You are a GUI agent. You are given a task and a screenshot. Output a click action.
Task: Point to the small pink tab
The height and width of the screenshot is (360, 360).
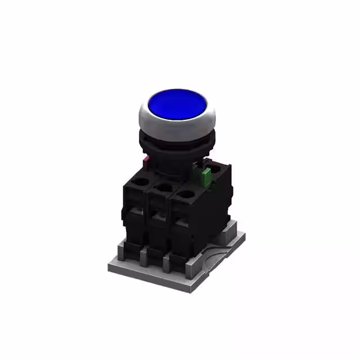pyautogui.click(x=146, y=163)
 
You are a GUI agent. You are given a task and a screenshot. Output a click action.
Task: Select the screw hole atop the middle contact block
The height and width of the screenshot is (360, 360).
pyautogui.click(x=163, y=187)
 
